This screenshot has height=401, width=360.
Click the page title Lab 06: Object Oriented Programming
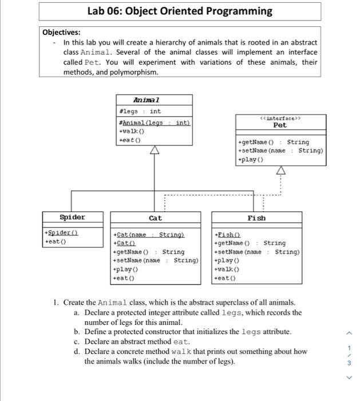(x=180, y=11)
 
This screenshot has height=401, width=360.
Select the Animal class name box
(x=154, y=100)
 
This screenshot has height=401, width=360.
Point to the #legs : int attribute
(x=139, y=111)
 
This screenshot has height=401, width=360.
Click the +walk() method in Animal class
(x=130, y=131)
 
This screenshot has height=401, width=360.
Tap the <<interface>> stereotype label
(x=279, y=117)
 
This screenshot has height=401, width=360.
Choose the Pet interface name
(x=280, y=124)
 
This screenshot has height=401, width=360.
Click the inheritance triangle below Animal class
(x=154, y=151)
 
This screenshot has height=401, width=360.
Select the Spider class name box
(x=73, y=217)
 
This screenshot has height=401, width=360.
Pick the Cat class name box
(x=155, y=218)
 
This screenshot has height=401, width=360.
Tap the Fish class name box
(x=256, y=218)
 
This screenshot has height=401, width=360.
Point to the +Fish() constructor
(x=227, y=234)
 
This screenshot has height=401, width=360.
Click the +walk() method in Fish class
(x=227, y=269)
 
